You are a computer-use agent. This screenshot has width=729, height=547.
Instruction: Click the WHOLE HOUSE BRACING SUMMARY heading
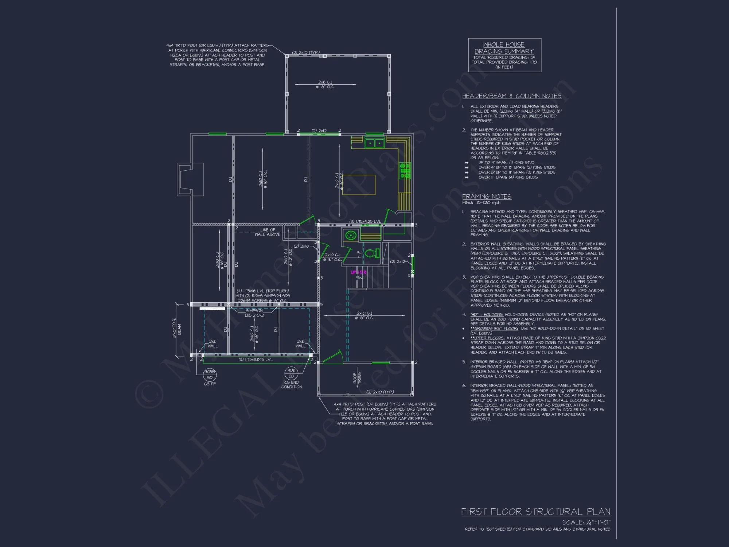504,48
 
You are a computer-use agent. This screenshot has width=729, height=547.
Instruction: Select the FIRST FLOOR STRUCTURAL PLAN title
535,512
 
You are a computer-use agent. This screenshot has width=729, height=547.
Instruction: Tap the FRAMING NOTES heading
487,197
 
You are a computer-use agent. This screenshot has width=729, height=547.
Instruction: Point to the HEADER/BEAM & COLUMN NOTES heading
511,96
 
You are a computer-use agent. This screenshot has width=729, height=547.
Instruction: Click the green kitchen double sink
375,143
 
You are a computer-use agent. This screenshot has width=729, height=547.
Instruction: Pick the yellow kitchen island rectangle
359,185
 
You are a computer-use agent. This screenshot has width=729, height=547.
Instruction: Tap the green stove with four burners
405,171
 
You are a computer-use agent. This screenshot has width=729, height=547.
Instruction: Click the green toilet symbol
372,253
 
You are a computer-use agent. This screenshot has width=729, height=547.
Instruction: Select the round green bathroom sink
351,235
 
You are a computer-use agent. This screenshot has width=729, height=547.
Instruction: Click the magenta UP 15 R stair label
359,272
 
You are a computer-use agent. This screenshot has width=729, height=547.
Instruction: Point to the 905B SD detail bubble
210,375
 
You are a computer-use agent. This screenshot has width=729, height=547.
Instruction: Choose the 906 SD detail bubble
291,373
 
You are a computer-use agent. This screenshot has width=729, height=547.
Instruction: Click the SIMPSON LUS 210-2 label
254,313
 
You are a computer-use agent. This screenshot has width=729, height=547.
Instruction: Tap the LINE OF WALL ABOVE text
268,232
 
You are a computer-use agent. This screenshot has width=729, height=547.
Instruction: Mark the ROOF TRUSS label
357,378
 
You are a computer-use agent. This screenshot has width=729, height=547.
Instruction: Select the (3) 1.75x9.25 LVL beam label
365,221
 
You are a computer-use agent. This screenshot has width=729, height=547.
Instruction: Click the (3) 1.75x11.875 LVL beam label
256,360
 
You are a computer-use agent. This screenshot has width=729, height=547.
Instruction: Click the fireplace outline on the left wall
190,179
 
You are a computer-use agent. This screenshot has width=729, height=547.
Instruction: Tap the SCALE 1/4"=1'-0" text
586,522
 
